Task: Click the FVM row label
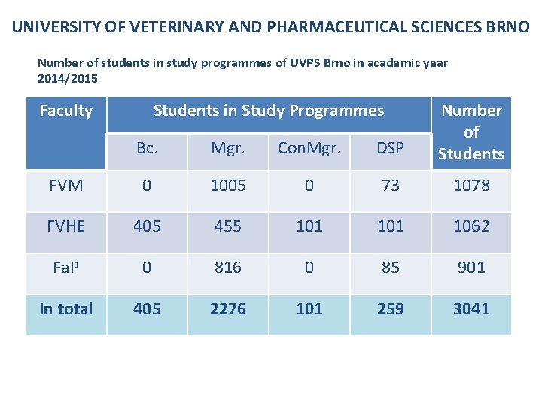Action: point(65,185)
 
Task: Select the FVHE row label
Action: point(65,226)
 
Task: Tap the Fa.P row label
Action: point(65,268)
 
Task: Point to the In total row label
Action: point(65,309)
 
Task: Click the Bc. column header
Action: point(147,148)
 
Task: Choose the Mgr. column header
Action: point(228,148)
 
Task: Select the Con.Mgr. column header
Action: point(309,148)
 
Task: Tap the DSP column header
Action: point(390,148)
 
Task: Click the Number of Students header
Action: point(471,132)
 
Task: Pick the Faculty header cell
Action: point(65,111)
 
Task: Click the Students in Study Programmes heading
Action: point(269,111)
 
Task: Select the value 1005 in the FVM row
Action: point(228,185)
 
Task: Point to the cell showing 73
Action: point(390,185)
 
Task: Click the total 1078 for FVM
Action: point(471,185)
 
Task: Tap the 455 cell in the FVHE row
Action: point(228,226)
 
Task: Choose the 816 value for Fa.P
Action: point(228,268)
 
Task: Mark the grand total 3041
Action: point(471,309)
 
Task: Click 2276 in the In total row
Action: point(228,309)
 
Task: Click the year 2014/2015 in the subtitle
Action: point(68,77)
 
